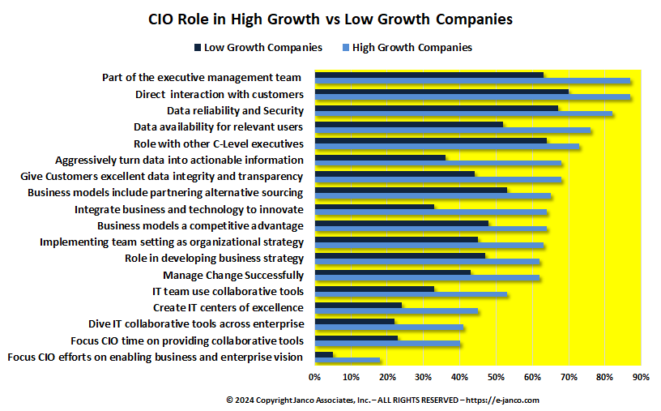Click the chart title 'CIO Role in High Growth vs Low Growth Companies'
point(330,19)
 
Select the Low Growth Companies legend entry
point(258,47)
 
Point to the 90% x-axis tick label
point(641,376)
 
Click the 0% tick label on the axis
point(314,376)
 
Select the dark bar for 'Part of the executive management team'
point(429,75)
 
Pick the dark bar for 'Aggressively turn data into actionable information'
point(380,157)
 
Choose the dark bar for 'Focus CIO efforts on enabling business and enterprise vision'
point(323,354)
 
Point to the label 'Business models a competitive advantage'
point(200,225)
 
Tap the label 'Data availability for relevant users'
point(218,126)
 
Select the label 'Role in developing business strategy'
point(214,259)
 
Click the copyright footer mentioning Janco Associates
point(382,400)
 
